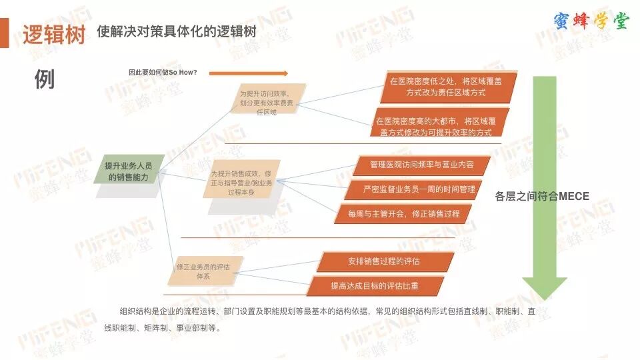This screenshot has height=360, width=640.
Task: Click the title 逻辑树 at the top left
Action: [55, 34]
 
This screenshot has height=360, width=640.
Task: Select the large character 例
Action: [44, 79]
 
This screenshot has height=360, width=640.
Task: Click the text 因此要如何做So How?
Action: [163, 72]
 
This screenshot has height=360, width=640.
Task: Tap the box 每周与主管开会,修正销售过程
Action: [404, 214]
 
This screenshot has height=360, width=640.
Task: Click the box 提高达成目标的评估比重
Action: [375, 285]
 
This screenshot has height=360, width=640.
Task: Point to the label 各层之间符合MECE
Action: [542, 196]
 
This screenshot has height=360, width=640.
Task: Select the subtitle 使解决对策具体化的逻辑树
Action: [177, 31]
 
